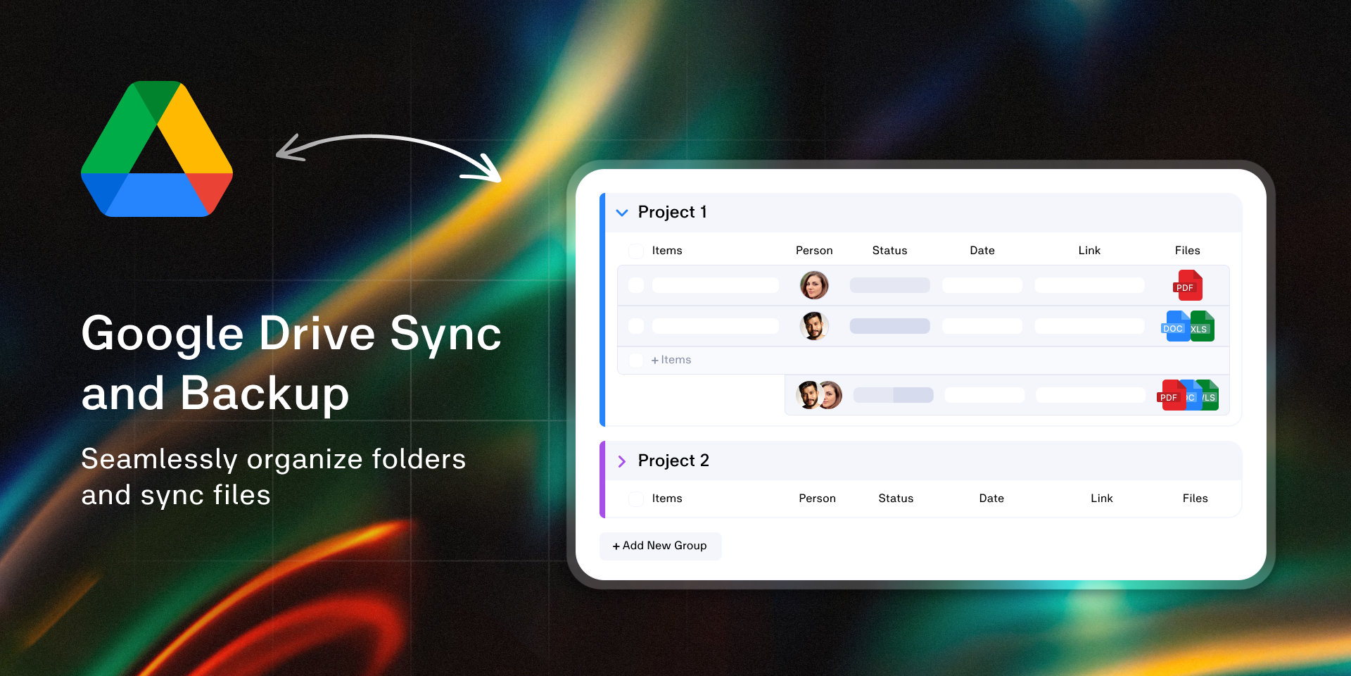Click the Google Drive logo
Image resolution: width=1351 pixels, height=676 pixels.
157,149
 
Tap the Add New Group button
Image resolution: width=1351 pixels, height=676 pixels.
660,546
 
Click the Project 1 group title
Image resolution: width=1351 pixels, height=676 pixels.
672,212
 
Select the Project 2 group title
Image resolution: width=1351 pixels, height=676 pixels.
673,461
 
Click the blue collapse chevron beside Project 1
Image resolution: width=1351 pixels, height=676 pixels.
622,213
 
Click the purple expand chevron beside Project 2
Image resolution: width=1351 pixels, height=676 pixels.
622,461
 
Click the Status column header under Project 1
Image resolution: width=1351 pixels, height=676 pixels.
889,251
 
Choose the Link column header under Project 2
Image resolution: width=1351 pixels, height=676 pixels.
1102,499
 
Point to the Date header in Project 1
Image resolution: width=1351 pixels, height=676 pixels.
982,251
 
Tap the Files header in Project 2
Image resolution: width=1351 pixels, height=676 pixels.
1195,499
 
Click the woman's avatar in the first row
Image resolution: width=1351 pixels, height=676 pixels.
814,285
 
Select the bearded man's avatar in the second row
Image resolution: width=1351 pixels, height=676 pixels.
814,326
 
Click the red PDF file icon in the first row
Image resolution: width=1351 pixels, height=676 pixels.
1188,285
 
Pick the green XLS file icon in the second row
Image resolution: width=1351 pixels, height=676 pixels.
1202,327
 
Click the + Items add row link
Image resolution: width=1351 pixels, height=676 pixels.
671,360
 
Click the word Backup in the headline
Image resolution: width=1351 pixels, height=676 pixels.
265,394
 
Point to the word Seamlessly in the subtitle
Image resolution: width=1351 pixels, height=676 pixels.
160,460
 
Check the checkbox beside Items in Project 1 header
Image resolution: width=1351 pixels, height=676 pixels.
636,251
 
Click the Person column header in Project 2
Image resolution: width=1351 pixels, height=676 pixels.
817,499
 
